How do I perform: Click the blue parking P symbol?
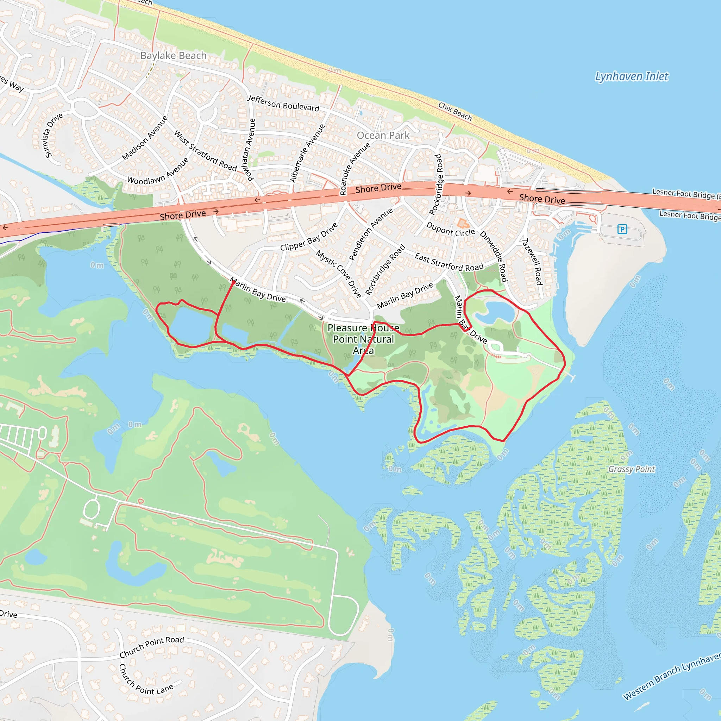pos(622,229)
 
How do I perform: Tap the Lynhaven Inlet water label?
pos(632,76)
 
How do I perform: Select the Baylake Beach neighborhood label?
pos(173,56)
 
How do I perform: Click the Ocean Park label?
pos(383,136)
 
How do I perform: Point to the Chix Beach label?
pos(455,111)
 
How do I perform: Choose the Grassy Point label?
pos(632,469)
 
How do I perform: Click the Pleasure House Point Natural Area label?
pos(363,339)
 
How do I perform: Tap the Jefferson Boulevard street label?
pos(284,103)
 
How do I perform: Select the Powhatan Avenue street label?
pos(249,149)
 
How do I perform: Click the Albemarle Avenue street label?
pos(307,153)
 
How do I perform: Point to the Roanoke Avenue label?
pos(355,169)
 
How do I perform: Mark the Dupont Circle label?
pos(450,229)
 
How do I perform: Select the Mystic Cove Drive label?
pos(338,274)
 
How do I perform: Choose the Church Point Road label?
pos(151,647)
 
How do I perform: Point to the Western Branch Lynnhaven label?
pos(672,676)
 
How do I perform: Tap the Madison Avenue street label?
pos(145,138)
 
